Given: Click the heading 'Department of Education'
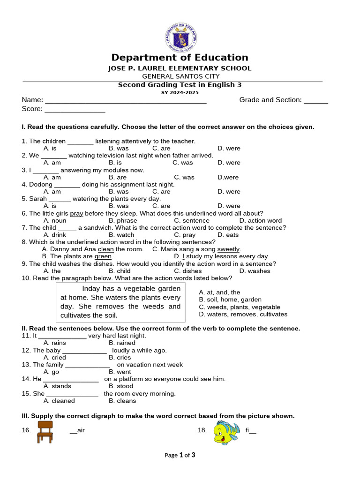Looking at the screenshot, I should (180, 58).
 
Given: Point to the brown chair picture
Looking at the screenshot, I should (45, 432).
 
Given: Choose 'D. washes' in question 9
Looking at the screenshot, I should (255, 271).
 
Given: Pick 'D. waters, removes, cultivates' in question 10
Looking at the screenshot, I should (243, 315).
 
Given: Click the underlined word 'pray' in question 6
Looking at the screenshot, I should (76, 213).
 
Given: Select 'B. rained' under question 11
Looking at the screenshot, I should (122, 343).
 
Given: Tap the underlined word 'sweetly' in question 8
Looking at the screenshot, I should (228, 249).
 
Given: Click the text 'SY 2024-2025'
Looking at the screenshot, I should (180, 93).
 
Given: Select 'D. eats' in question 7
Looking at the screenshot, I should (228, 235).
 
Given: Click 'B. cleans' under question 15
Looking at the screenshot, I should (122, 401).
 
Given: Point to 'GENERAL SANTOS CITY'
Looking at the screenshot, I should (180, 76).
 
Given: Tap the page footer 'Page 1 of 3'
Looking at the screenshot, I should (180, 455).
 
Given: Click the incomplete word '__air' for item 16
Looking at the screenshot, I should (77, 430).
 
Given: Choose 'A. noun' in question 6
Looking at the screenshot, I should (55, 220).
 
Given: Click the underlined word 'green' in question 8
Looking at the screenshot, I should (103, 256).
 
